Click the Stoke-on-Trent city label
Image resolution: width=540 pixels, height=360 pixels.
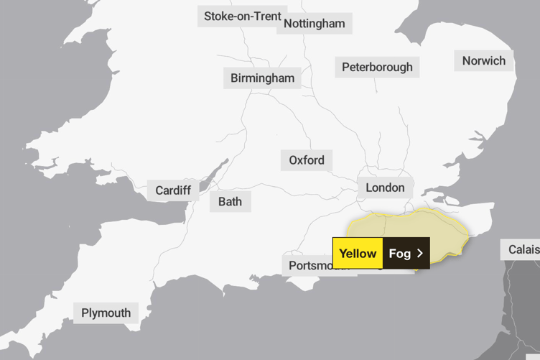click(242, 16)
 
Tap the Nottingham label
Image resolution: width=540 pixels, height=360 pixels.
click(315, 24)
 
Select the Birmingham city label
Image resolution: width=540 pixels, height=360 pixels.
click(262, 78)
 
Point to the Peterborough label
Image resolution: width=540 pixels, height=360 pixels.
click(377, 68)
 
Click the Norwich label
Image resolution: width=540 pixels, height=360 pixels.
click(483, 60)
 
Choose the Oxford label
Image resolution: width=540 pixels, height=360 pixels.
click(307, 160)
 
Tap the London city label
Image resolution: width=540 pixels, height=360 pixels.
click(385, 188)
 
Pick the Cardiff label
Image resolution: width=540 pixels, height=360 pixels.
click(173, 190)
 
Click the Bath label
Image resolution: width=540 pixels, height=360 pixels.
click(230, 201)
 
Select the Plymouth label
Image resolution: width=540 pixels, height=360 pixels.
click(106, 313)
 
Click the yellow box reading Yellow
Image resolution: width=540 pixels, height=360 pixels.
click(358, 254)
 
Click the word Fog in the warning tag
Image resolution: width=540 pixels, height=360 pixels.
click(399, 254)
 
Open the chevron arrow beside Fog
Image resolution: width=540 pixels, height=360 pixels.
click(420, 254)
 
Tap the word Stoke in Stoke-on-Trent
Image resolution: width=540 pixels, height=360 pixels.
click(220, 16)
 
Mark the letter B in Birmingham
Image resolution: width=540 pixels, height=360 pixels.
click(235, 78)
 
